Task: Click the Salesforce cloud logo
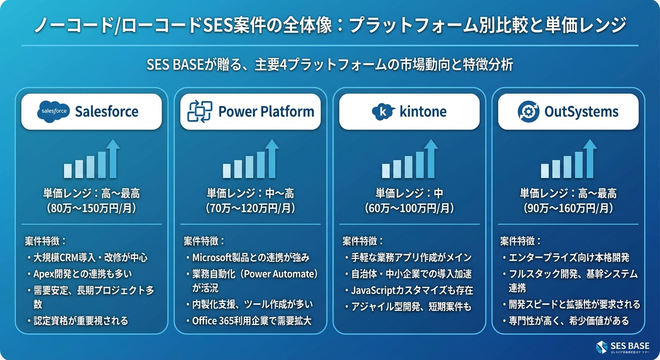[53, 112]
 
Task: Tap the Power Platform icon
[200, 112]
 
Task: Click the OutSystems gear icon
[529, 112]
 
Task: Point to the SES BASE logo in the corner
[602, 347]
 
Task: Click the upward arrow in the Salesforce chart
[112, 158]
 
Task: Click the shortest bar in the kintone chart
[386, 171]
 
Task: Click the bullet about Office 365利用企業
[252, 321]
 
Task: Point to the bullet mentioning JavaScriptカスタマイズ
[412, 290]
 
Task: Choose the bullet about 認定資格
[81, 321]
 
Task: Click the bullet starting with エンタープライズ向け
[569, 257]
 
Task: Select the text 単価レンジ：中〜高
[251, 193]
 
